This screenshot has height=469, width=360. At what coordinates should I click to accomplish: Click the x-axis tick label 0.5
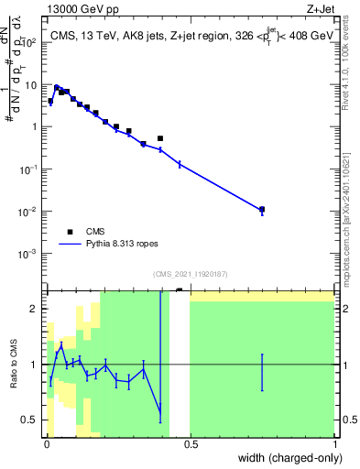click(191, 445)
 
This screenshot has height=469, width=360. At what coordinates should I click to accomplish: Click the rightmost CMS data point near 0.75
click(262, 209)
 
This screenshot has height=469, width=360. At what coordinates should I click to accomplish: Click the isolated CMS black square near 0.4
click(160, 138)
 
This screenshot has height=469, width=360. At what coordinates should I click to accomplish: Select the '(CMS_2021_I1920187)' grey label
click(190, 274)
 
